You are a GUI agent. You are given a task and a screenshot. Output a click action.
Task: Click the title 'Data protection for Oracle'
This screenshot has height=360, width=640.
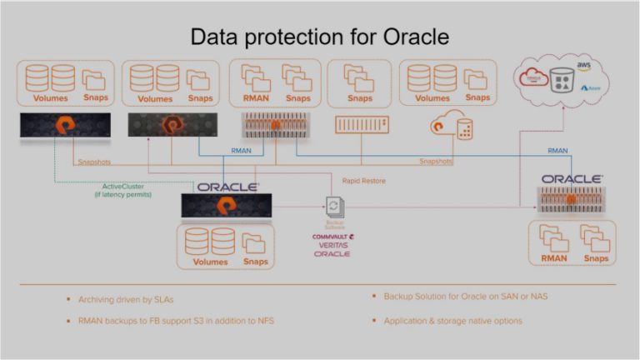tap(320, 37)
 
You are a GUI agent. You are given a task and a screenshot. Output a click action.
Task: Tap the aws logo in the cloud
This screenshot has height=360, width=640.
tap(583, 65)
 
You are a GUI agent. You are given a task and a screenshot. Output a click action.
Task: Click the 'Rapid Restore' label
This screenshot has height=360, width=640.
tap(363, 180)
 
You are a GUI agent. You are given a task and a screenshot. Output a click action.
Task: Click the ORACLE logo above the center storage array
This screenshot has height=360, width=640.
tap(227, 187)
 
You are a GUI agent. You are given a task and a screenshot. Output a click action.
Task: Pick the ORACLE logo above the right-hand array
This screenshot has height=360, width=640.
tap(572, 179)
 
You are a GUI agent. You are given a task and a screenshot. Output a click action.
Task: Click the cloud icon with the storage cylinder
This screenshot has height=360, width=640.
tap(451, 127)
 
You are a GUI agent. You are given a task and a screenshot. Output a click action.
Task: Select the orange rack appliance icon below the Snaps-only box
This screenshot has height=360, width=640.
tap(361, 126)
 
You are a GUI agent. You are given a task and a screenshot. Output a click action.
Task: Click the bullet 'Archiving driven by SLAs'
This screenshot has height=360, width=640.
tap(127, 298)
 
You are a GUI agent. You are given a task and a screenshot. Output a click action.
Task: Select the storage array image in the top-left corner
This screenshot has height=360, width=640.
tap(64, 126)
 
